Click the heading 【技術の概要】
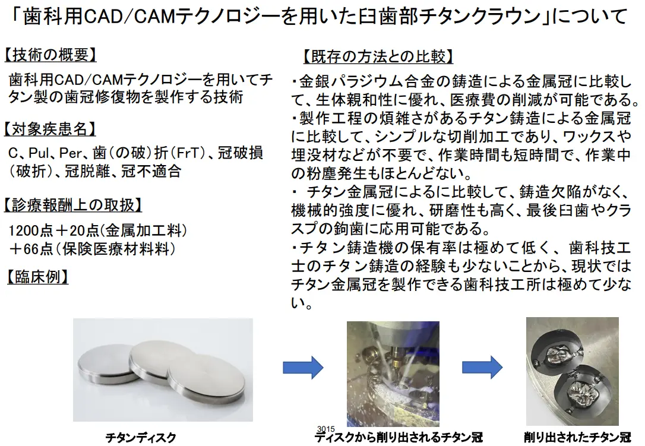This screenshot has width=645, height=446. [x=49, y=55]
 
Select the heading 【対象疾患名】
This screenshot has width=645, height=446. [x=49, y=129]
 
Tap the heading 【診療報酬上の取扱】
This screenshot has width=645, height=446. [x=73, y=205]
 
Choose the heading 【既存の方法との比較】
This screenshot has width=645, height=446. [x=378, y=57]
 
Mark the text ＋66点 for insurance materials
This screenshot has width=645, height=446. [x=29, y=248]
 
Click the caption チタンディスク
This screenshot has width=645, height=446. [x=141, y=438]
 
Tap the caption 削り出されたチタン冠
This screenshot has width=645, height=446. [x=576, y=438]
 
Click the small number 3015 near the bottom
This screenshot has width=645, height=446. [x=326, y=428]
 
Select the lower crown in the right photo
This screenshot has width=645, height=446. [x=581, y=392]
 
